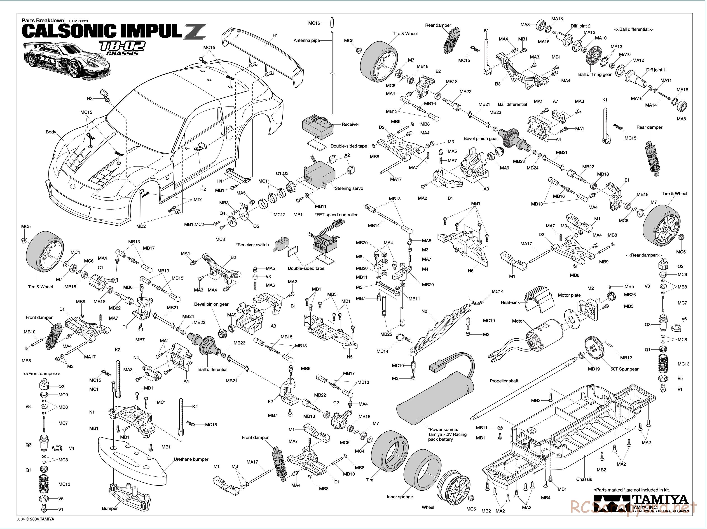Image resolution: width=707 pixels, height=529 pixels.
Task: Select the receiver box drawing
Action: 317,125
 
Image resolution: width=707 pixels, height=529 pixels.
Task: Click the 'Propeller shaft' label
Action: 504,381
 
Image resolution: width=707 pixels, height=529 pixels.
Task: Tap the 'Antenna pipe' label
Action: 307,41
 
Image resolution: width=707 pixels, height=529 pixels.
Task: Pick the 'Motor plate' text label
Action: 569,295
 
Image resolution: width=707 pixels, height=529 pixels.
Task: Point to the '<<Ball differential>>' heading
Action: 634,29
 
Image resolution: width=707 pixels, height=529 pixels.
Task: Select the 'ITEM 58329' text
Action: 78,21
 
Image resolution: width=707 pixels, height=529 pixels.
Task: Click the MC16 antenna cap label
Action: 314,23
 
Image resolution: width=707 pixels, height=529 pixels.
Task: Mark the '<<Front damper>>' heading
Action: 42,374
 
